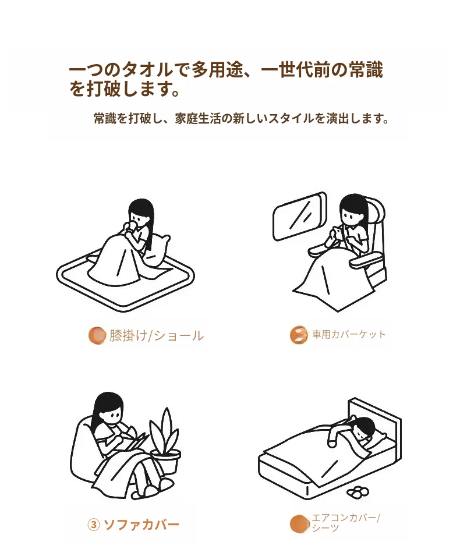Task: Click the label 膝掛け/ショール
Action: click(157, 335)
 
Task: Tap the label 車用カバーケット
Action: click(349, 334)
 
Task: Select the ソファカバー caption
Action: click(141, 525)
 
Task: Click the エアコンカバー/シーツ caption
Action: click(346, 523)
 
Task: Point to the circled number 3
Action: click(94, 525)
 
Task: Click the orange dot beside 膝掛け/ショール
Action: click(97, 335)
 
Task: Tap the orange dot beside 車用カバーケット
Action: click(299, 335)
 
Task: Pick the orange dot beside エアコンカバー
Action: click(299, 524)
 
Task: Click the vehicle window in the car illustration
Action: click(300, 216)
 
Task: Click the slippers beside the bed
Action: click(358, 492)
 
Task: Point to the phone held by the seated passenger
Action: click(337, 233)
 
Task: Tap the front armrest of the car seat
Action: click(366, 261)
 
